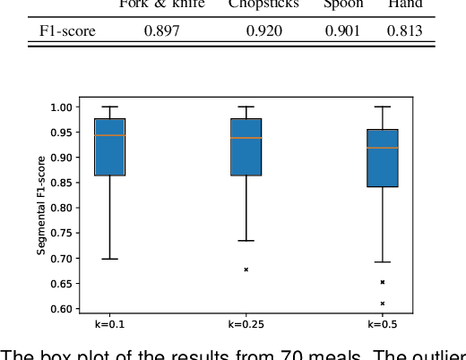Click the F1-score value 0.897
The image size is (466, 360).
[x=161, y=31]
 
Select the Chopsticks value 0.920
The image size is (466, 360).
[x=263, y=31]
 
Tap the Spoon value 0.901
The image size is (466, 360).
[x=341, y=31]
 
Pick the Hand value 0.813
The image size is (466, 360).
[x=404, y=31]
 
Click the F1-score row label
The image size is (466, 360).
[x=68, y=31]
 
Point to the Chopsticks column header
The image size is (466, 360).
[x=263, y=4]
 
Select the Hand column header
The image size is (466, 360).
[x=404, y=4]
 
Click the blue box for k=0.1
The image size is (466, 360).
[x=110, y=147]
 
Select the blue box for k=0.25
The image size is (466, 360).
[x=246, y=147]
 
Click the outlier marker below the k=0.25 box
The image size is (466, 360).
[x=246, y=269]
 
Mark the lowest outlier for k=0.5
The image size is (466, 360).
[x=383, y=304]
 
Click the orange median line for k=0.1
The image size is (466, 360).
[x=110, y=135]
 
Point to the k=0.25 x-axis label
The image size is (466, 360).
[x=246, y=323]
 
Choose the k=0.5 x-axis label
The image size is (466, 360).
[x=383, y=323]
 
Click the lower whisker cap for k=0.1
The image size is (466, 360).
[x=110, y=259]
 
